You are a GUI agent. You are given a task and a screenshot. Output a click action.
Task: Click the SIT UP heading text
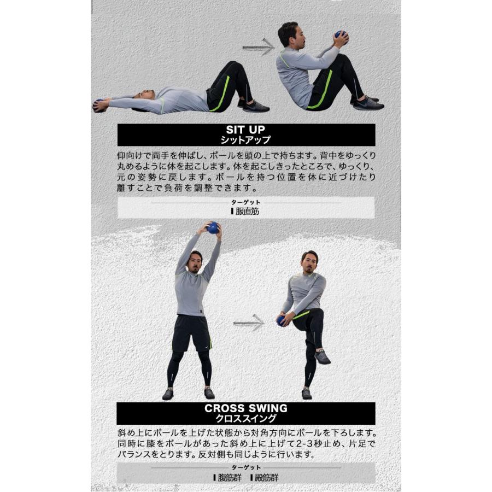click(245, 130)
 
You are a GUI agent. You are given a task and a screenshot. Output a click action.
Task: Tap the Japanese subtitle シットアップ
click(245, 140)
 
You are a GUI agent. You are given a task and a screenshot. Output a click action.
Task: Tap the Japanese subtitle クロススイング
click(245, 418)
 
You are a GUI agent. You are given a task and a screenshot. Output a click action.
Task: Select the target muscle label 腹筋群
click(227, 477)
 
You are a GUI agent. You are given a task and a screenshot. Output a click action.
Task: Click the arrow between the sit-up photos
click(258, 47)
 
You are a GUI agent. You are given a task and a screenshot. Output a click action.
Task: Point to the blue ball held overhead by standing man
click(213, 227)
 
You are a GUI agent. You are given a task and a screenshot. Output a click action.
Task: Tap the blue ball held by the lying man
click(98, 103)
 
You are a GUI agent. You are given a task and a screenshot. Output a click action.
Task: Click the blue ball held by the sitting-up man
click(341, 36)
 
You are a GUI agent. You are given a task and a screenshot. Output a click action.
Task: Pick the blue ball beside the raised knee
click(282, 320)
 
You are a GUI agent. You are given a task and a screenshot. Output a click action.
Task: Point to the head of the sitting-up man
click(288, 34)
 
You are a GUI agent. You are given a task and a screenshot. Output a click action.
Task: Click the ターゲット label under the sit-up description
click(245, 202)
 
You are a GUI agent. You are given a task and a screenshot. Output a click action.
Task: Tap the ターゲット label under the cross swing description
click(245, 468)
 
